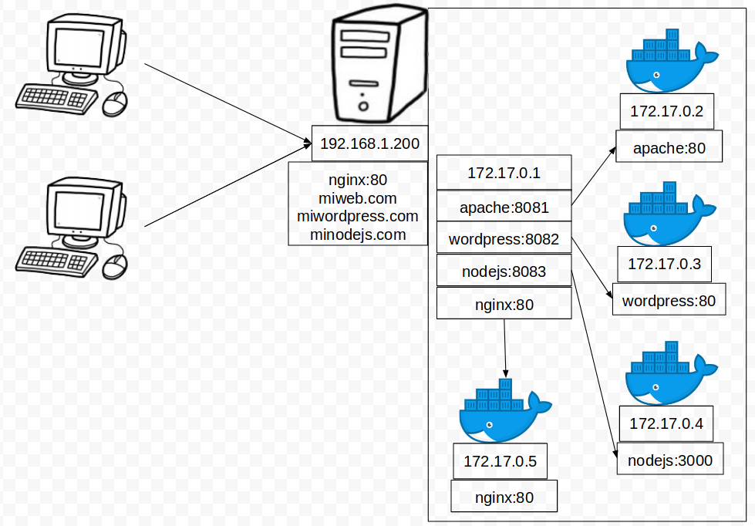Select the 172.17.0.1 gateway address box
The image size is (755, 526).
[504, 173]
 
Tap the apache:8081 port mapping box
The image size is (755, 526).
[504, 207]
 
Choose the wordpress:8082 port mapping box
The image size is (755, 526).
[504, 239]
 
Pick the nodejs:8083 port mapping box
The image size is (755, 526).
[504, 271]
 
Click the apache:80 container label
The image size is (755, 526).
[669, 148]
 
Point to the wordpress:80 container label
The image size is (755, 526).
[669, 300]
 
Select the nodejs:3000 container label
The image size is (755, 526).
[669, 460]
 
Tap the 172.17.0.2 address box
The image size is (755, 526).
[666, 111]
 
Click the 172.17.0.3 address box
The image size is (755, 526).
[664, 264]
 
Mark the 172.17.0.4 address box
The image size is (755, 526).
[666, 423]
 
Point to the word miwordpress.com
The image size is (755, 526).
[358, 216]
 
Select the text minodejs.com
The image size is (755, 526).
[358, 234]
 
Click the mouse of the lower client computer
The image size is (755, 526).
[114, 266]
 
